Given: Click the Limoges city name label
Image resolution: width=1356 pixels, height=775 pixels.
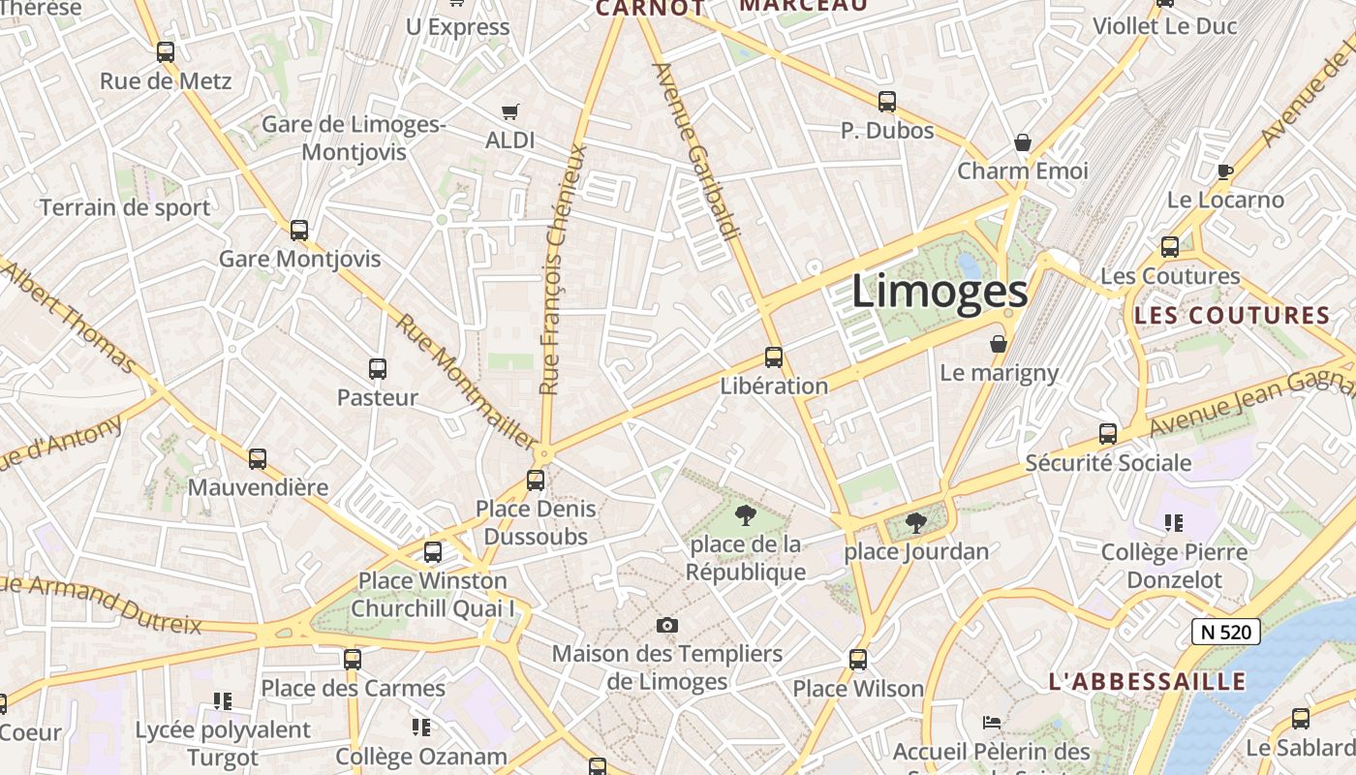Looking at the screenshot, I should [x=939, y=292].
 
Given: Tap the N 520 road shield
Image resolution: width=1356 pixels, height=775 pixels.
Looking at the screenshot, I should [x=1225, y=633].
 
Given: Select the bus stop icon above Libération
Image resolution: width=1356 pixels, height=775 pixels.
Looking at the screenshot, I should [x=773, y=356].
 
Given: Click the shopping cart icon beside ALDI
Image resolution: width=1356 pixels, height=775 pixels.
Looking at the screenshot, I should [x=510, y=112].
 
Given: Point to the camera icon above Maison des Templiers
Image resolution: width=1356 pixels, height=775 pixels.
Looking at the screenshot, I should [x=666, y=625].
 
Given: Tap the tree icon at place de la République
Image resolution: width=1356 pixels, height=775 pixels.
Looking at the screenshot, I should [x=745, y=514].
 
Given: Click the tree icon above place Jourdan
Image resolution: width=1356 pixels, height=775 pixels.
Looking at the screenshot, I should [x=915, y=523].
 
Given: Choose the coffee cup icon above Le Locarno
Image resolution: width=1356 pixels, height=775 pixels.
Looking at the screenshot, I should [x=1224, y=171].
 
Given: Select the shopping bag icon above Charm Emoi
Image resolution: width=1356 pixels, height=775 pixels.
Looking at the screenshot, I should [x=1022, y=142].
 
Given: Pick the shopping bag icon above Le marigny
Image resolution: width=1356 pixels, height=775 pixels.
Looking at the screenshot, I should [x=999, y=344].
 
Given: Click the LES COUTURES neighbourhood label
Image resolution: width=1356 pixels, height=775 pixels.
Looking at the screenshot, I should [x=1232, y=315].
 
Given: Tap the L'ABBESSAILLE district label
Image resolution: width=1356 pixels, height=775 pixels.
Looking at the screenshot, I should [x=1147, y=681].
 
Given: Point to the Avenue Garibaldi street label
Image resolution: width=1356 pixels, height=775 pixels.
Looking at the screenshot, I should [x=696, y=151].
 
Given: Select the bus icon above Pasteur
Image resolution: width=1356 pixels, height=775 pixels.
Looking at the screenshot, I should [x=378, y=369].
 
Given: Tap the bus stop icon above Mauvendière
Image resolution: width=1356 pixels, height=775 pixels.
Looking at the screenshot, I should [x=257, y=459].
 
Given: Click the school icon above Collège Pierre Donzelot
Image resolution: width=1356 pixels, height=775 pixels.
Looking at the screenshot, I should [x=1174, y=523].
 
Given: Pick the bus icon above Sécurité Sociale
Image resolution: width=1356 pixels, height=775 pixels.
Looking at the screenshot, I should [x=1108, y=434].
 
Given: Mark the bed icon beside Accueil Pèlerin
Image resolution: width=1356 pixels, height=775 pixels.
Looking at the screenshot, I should [x=991, y=723].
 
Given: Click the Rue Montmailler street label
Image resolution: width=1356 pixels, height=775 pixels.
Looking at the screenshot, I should [x=466, y=383].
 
